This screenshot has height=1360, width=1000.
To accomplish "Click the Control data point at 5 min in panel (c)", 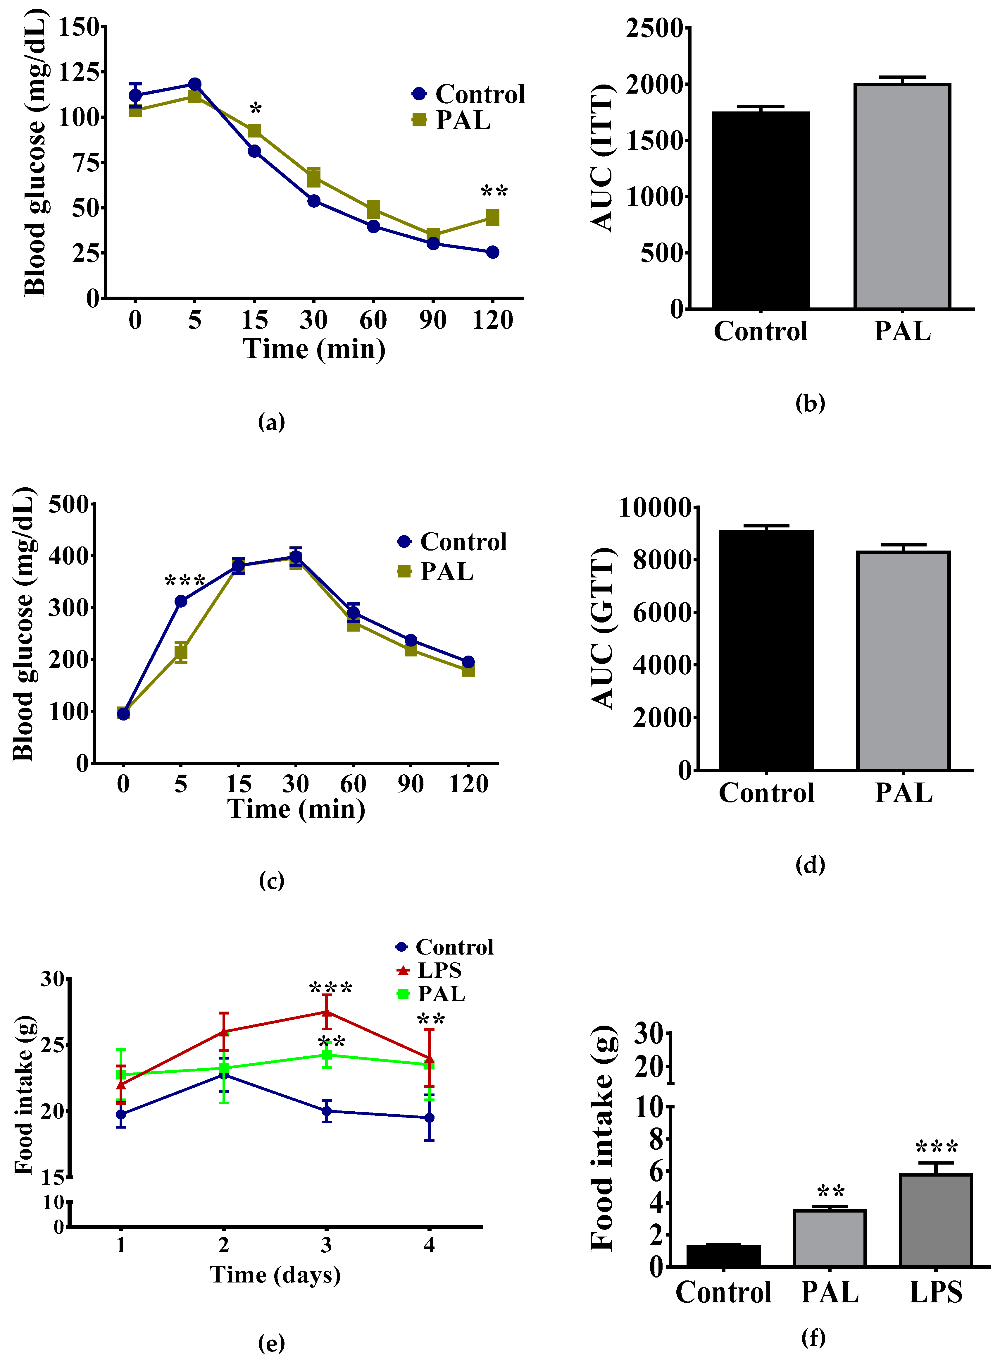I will [x=180, y=601].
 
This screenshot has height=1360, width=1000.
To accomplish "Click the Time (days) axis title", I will [x=275, y=1275].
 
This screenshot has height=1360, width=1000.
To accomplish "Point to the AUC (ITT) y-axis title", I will [x=602, y=157].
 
